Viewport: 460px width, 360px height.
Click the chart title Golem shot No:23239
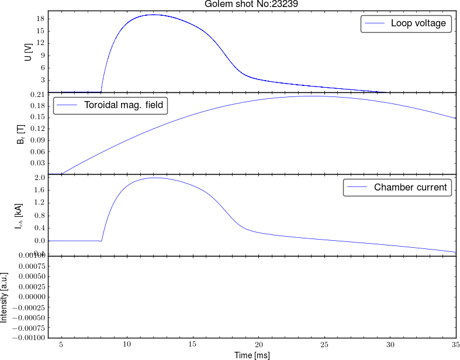pos(252,5)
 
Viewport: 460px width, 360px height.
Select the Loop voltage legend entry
pos(418,23)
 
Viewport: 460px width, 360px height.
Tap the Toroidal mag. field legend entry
pos(122,106)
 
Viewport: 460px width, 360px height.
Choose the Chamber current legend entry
pos(410,188)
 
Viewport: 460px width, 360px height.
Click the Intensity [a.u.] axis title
pos(5,297)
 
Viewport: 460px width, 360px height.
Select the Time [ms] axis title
pos(252,355)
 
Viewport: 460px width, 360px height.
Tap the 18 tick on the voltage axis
pos(40,19)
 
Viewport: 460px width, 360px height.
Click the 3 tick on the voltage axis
pos(42,80)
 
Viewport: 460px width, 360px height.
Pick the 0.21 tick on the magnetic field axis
pos(37,95)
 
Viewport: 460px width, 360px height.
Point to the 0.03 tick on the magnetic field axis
pos(37,163)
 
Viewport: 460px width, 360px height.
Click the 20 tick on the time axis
pos(260,344)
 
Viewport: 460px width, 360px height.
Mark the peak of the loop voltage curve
pos(154,15)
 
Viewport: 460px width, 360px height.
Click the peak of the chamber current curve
pos(156,178)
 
